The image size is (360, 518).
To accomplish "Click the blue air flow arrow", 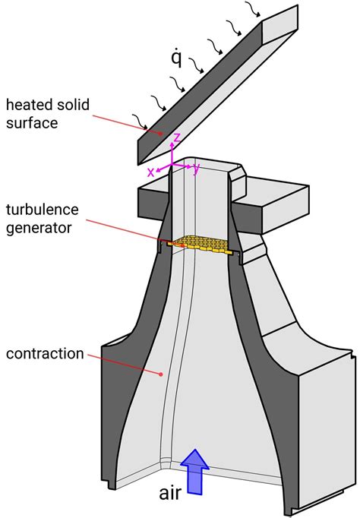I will (195, 470).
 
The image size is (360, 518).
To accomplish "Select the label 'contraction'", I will (44, 354).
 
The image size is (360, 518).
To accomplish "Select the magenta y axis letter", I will (196, 168).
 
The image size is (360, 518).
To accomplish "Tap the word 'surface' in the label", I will (31, 120).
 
